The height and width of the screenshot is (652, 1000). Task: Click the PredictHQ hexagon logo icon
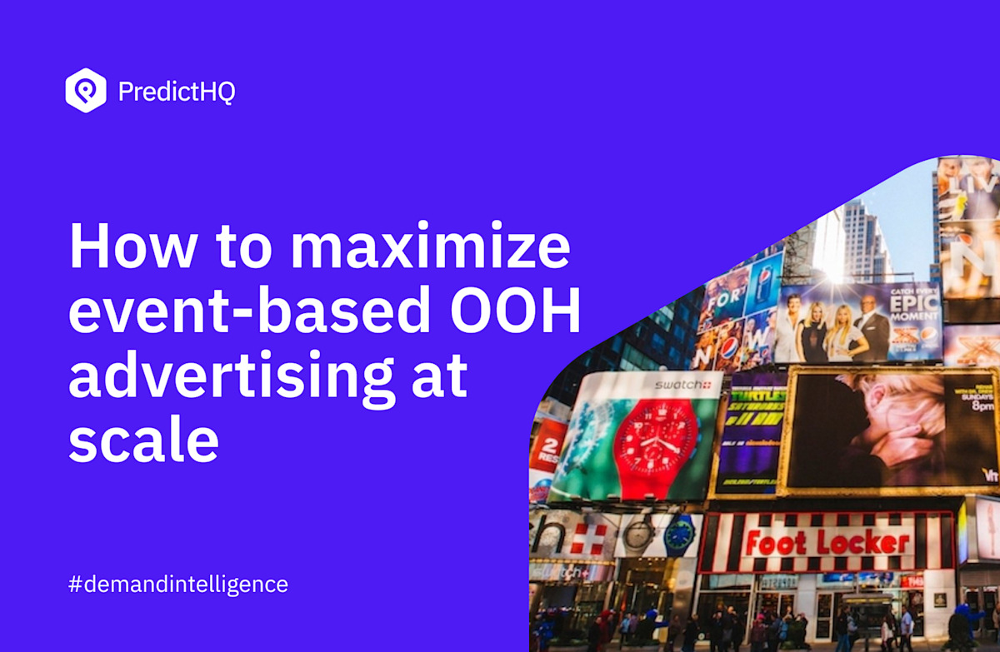tap(86, 91)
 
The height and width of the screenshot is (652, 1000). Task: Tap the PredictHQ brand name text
tap(177, 92)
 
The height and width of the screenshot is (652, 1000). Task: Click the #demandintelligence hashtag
tap(177, 584)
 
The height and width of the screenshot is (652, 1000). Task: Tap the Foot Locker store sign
tap(828, 543)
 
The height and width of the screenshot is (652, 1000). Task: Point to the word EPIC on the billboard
tap(915, 305)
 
